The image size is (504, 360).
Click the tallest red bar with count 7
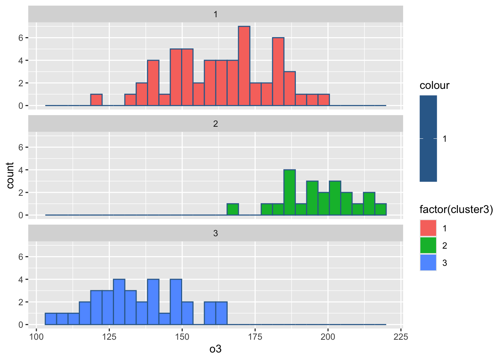pos(244,66)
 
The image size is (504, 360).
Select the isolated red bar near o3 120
pos(96,100)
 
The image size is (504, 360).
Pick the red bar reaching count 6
pos(278,72)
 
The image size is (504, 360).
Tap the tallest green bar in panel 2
pos(289,192)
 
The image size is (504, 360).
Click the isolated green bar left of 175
pos(232,209)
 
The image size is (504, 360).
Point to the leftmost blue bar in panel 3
pos(51,319)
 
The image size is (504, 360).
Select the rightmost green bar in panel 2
pos(381,209)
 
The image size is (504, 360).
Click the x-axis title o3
pos(215,349)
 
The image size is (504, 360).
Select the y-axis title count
pos(10,175)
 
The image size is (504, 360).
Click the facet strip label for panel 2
pos(215,124)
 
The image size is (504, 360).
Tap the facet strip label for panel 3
pos(215,233)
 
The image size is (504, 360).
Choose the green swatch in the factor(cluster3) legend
pos(428,245)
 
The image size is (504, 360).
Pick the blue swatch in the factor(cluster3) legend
pos(428,262)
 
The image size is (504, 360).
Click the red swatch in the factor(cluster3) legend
pos(428,228)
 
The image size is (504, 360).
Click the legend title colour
pos(434,85)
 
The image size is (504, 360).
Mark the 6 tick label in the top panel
pos(21,38)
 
